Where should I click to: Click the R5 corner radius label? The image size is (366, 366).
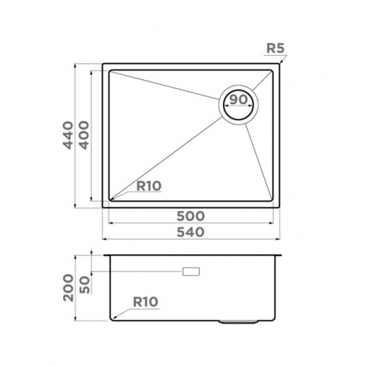[275, 50]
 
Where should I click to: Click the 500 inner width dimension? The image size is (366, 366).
[190, 217]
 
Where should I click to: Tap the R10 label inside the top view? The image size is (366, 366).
[148, 186]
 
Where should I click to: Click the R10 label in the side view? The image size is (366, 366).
[146, 301]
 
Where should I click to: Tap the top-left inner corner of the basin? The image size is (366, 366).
[111, 71]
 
